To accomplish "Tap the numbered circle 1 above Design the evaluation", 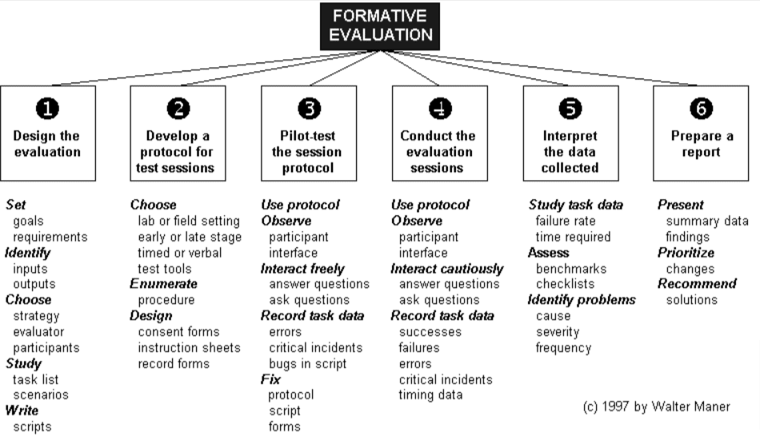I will pyautogui.click(x=47, y=109).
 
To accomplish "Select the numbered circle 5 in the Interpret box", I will pyautogui.click(x=570, y=109).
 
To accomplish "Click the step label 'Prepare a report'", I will pyautogui.click(x=701, y=144).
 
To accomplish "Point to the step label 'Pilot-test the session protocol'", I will pyautogui.click(x=308, y=152).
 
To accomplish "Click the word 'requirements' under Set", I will pyautogui.click(x=50, y=237).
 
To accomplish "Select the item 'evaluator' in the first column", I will pyautogui.click(x=38, y=332).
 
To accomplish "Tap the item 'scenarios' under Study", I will pyautogui.click(x=41, y=394).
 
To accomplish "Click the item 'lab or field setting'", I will pyautogui.click(x=189, y=221).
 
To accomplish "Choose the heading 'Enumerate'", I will pyautogui.click(x=163, y=284).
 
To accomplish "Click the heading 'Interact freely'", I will pyautogui.click(x=302, y=268).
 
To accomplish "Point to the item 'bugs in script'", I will pyautogui.click(x=308, y=363).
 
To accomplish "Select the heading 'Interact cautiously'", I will pyautogui.click(x=446, y=268).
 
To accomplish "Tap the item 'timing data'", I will pyautogui.click(x=430, y=394).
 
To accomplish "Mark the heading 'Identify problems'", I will pyautogui.click(x=581, y=300).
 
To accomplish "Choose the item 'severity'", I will pyautogui.click(x=558, y=332).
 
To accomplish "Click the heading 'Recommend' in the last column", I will pyautogui.click(x=696, y=284).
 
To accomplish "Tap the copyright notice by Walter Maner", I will pyautogui.click(x=655, y=407).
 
